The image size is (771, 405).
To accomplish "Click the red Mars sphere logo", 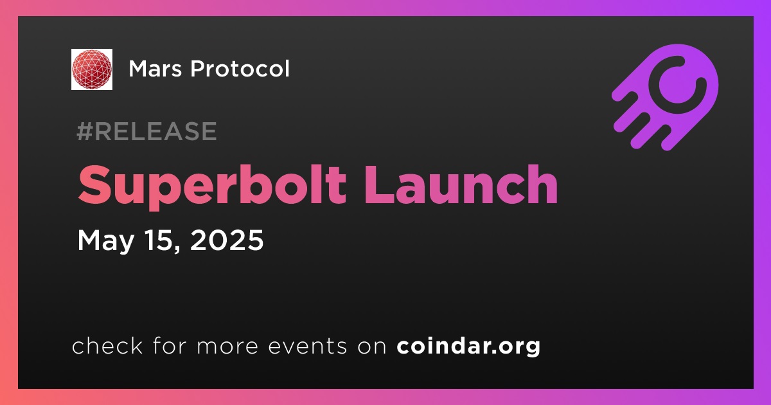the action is (92, 69).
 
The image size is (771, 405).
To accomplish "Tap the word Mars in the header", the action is (155, 69).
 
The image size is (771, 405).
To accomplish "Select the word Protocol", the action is (240, 68).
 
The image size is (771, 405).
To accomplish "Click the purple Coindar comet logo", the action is (666, 97).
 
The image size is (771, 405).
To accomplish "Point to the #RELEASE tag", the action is (146, 131).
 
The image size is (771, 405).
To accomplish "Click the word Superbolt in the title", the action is (212, 186).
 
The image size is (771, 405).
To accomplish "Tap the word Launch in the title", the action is (461, 184).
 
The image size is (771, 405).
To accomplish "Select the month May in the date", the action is (105, 240).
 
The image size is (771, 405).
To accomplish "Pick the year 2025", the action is (227, 240).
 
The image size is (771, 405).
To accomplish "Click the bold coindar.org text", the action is (468, 346).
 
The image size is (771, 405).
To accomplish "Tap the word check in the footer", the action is (107, 345).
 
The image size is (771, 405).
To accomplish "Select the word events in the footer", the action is (307, 346).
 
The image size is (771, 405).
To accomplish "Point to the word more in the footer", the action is (227, 347).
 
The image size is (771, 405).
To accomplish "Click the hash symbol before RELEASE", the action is (85, 131).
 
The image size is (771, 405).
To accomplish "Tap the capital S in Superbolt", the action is (94, 184).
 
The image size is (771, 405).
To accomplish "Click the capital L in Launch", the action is (378, 184).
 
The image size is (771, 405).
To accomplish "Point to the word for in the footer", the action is (170, 345).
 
